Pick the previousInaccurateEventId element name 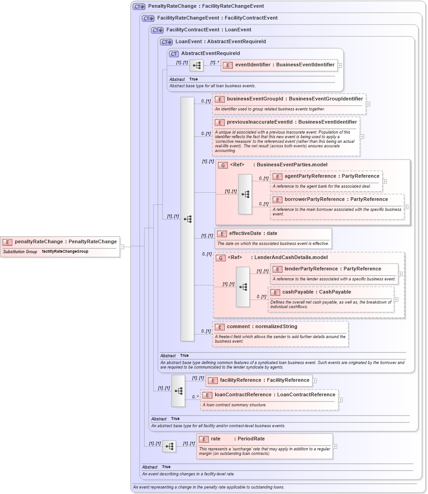(x=292, y=122)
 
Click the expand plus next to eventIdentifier (x=340, y=65)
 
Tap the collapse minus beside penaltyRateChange (x=122, y=247)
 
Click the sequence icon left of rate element (x=169, y=447)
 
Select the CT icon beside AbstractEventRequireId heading (x=174, y=54)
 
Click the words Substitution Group (x=20, y=252)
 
